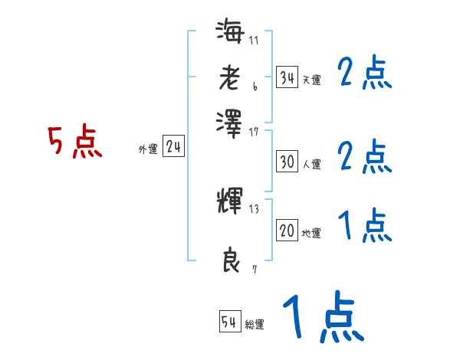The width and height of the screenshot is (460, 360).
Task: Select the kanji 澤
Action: (230, 120)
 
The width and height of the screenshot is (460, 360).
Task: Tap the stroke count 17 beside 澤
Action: (254, 131)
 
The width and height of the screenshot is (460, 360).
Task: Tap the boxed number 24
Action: (174, 146)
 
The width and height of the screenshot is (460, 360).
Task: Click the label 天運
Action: (311, 80)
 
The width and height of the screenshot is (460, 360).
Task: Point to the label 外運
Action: (147, 149)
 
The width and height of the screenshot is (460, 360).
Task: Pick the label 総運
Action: (255, 325)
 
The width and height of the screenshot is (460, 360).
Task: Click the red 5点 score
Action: (74, 142)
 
